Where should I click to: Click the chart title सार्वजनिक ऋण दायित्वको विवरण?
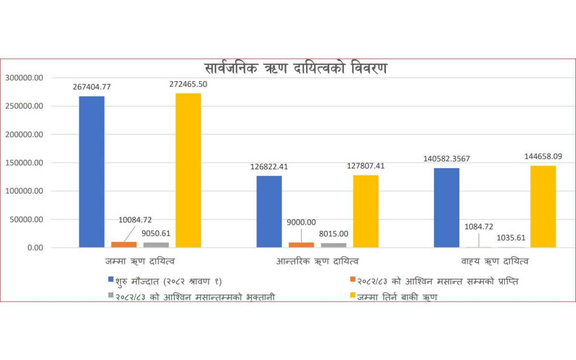point(296,68)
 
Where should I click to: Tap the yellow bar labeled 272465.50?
point(188,170)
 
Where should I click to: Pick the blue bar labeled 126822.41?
point(269,212)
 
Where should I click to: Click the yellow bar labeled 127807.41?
point(366,211)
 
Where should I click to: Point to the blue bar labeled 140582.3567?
point(446,208)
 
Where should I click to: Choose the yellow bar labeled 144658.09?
point(543,206)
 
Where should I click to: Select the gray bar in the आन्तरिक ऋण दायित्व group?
point(334,245)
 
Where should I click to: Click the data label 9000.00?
point(301,222)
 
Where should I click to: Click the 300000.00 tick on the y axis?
point(24,78)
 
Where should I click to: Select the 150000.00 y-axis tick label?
point(24,163)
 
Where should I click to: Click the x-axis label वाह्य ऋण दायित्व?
point(495,262)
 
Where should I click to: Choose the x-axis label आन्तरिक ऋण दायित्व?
point(317,262)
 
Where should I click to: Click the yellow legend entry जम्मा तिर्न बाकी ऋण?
point(396,297)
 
